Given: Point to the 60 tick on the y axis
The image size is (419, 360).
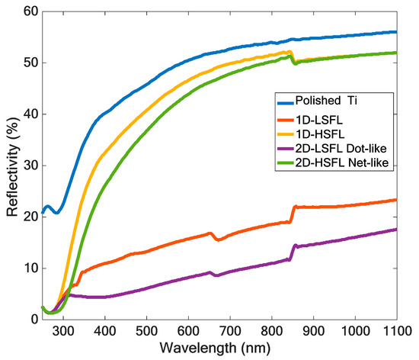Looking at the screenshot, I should [26, 11].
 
